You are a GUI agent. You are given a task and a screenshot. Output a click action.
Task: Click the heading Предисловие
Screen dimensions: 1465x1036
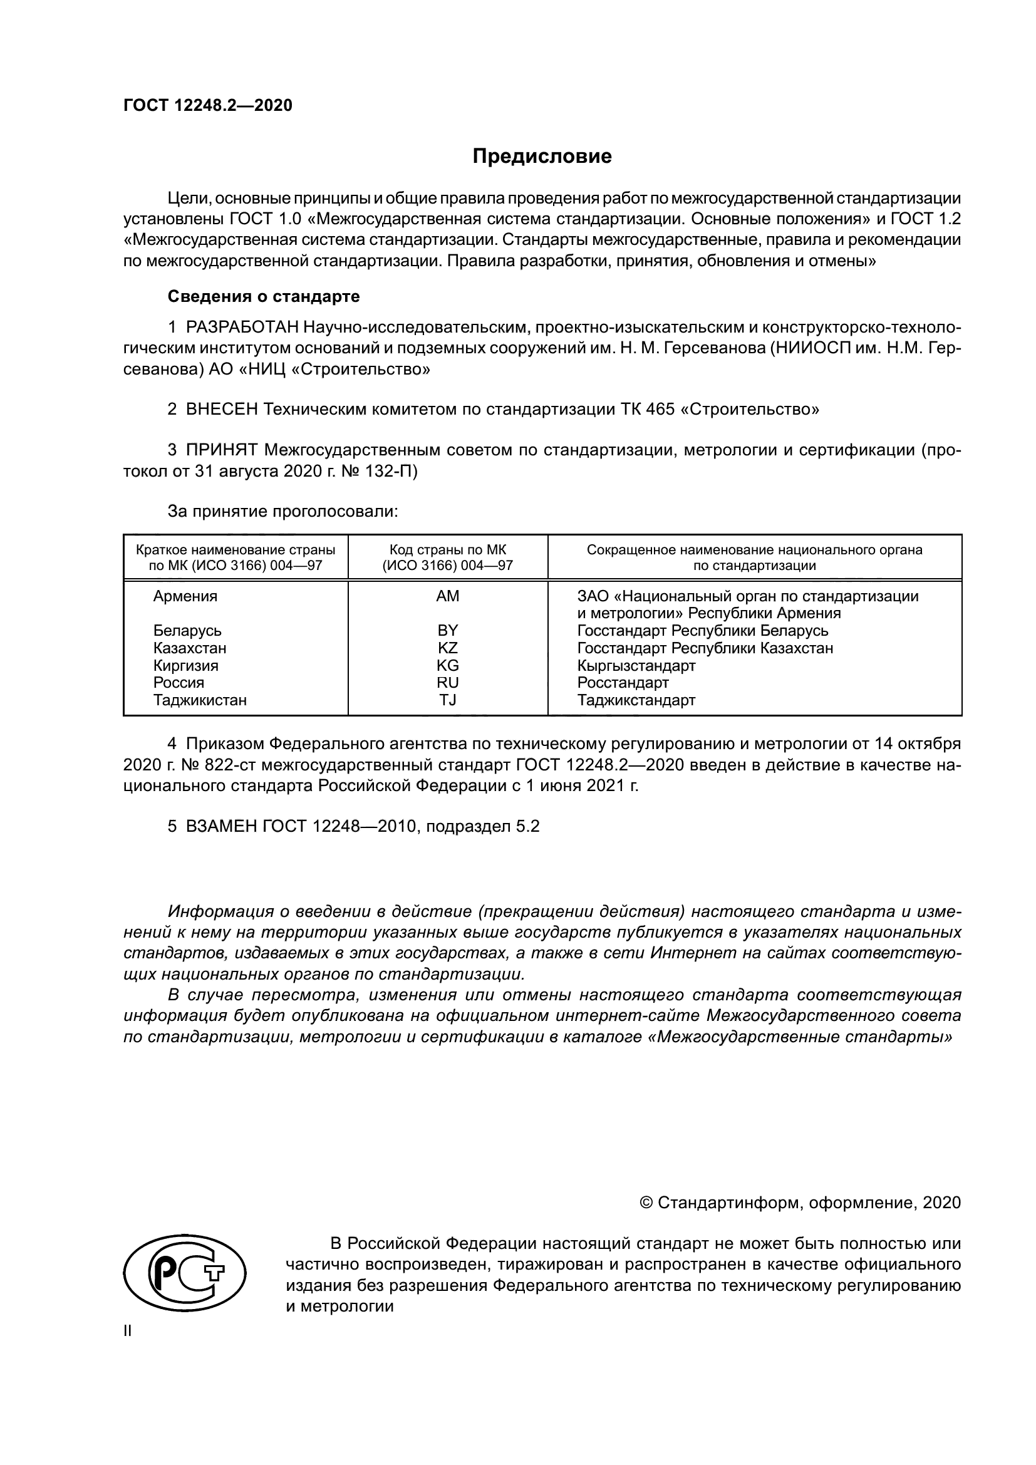[x=542, y=157]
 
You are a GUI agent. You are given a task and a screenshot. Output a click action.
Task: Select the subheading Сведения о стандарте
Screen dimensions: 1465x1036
[x=263, y=297]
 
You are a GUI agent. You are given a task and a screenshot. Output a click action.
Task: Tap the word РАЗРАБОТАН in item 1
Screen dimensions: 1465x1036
[x=242, y=328]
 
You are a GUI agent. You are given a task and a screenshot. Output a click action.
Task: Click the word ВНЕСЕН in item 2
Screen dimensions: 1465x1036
[x=222, y=409]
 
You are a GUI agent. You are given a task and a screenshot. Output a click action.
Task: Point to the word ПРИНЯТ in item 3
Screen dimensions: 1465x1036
[x=221, y=450]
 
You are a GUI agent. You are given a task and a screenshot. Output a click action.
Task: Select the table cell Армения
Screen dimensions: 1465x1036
[x=185, y=596]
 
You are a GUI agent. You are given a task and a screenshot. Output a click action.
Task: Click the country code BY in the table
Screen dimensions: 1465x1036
[x=447, y=631]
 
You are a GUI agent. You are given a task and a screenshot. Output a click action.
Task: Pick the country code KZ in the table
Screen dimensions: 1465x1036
[x=447, y=648]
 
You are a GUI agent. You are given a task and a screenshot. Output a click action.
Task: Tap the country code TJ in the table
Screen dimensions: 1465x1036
[x=447, y=700]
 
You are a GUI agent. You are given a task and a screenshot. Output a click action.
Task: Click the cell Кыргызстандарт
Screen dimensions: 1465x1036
[x=636, y=666]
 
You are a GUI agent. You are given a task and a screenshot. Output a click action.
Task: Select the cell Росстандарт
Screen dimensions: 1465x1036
[x=623, y=683]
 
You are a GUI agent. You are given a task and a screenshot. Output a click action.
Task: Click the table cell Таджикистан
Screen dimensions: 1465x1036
[x=200, y=700]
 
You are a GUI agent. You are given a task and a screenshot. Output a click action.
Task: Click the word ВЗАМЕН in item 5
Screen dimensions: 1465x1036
[x=220, y=826]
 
